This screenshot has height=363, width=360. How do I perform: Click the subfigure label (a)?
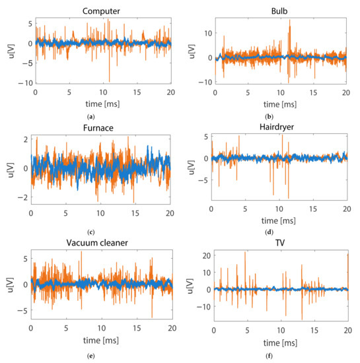coord(101,114)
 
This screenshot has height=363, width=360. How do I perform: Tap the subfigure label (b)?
coord(281,114)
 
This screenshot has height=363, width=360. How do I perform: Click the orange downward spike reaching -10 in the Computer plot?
coord(110,81)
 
